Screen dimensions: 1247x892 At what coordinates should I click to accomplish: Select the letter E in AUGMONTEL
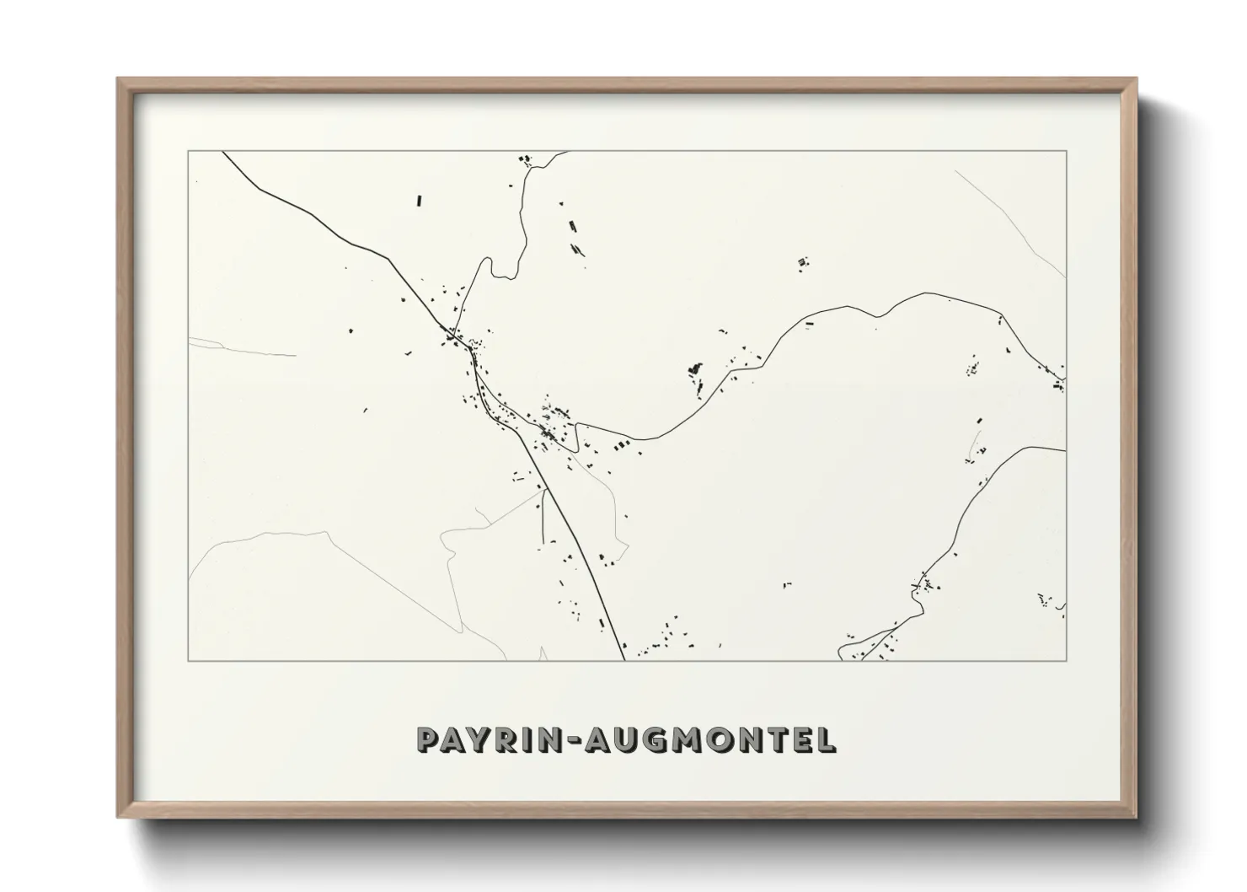pyautogui.click(x=803, y=739)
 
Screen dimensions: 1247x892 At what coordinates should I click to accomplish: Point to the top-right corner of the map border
pyautogui.click(x=1066, y=151)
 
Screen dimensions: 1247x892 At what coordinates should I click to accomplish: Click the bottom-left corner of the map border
pyautogui.click(x=188, y=660)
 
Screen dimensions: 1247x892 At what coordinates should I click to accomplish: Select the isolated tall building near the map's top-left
pyautogui.click(x=419, y=201)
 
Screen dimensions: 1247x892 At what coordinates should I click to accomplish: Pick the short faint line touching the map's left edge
pyautogui.click(x=240, y=347)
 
